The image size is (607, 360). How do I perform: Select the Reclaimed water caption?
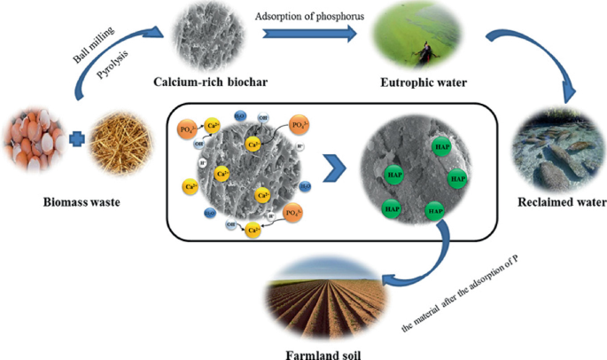click(x=556, y=202)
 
